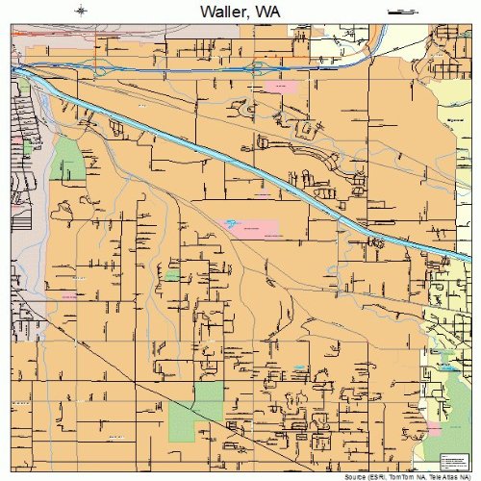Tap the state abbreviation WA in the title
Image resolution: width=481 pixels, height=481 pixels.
272,13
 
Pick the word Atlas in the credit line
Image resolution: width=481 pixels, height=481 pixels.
448,476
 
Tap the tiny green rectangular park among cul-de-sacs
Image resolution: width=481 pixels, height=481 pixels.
171,275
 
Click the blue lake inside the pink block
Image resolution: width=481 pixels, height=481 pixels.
232,223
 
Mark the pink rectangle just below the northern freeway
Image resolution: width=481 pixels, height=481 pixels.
281,88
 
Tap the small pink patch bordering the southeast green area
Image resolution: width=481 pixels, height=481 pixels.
433,426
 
